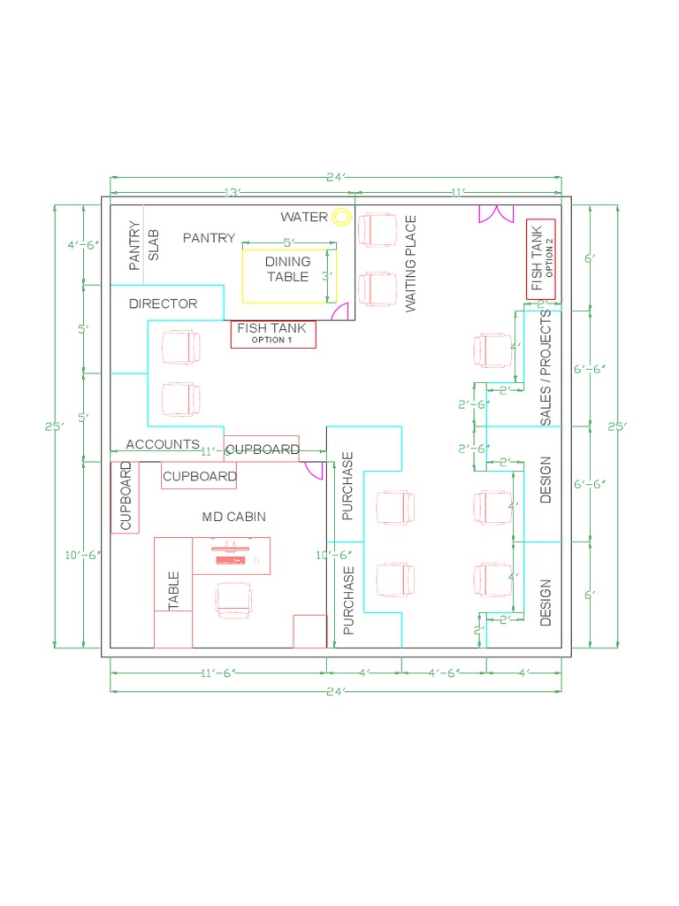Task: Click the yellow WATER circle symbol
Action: (x=341, y=217)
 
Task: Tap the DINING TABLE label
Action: (x=288, y=269)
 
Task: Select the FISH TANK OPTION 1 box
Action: (x=272, y=334)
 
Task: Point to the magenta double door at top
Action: (x=496, y=213)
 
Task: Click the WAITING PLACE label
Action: (x=410, y=264)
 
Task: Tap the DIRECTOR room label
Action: (x=164, y=303)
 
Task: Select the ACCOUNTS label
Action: (x=163, y=444)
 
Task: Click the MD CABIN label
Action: (x=233, y=517)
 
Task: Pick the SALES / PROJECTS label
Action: (x=545, y=367)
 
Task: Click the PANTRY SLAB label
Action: (x=144, y=245)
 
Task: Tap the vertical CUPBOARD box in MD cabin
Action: (x=125, y=495)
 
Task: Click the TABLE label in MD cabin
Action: (x=173, y=590)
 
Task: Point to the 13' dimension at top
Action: (x=232, y=192)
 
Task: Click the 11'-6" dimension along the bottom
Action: (x=217, y=673)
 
